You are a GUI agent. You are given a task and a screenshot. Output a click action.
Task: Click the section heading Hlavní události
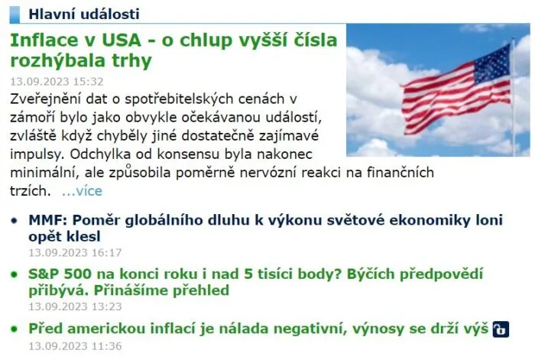point(84,15)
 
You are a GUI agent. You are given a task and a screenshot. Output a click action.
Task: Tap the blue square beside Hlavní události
point(15,15)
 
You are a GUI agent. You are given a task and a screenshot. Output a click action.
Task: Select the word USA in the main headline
point(121,41)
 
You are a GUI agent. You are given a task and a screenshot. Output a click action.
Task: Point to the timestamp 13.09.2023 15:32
point(57,82)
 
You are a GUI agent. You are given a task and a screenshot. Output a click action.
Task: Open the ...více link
point(82,191)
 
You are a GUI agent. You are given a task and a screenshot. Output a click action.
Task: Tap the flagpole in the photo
point(514,97)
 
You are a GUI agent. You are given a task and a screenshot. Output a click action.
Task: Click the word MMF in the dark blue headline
point(47,220)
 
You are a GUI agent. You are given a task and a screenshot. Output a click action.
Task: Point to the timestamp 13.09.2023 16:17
point(75,253)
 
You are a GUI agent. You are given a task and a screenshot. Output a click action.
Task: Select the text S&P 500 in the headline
point(60,274)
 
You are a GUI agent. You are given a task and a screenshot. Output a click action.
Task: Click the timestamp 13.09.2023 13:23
point(75,306)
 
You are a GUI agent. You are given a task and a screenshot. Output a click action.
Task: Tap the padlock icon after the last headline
point(501,329)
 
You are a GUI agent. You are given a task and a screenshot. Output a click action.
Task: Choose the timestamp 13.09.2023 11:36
point(75,346)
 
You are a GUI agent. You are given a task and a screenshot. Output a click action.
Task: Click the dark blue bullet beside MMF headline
point(14,221)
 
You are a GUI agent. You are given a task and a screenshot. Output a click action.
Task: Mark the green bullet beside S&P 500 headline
point(14,274)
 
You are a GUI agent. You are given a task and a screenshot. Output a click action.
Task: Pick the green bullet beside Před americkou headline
point(14,329)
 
